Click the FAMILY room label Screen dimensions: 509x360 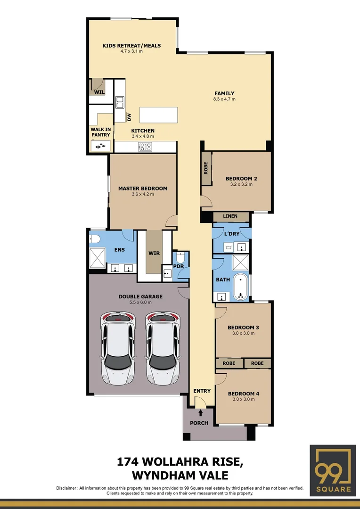(x=224, y=93)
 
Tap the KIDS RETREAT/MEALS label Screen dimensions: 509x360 (x=131, y=46)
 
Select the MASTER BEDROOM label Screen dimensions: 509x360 (x=143, y=189)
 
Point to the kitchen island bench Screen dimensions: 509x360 (x=159, y=115)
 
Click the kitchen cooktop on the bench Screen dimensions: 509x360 (x=145, y=147)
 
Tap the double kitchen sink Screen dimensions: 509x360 (x=120, y=99)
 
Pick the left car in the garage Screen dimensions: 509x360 (x=117, y=347)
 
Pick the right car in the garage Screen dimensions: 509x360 (x=162, y=347)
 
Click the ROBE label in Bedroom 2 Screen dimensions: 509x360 (x=206, y=168)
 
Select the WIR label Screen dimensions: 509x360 (x=154, y=254)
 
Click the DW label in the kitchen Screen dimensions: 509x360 (x=129, y=116)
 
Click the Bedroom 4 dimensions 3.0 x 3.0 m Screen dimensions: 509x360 (x=243, y=399)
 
